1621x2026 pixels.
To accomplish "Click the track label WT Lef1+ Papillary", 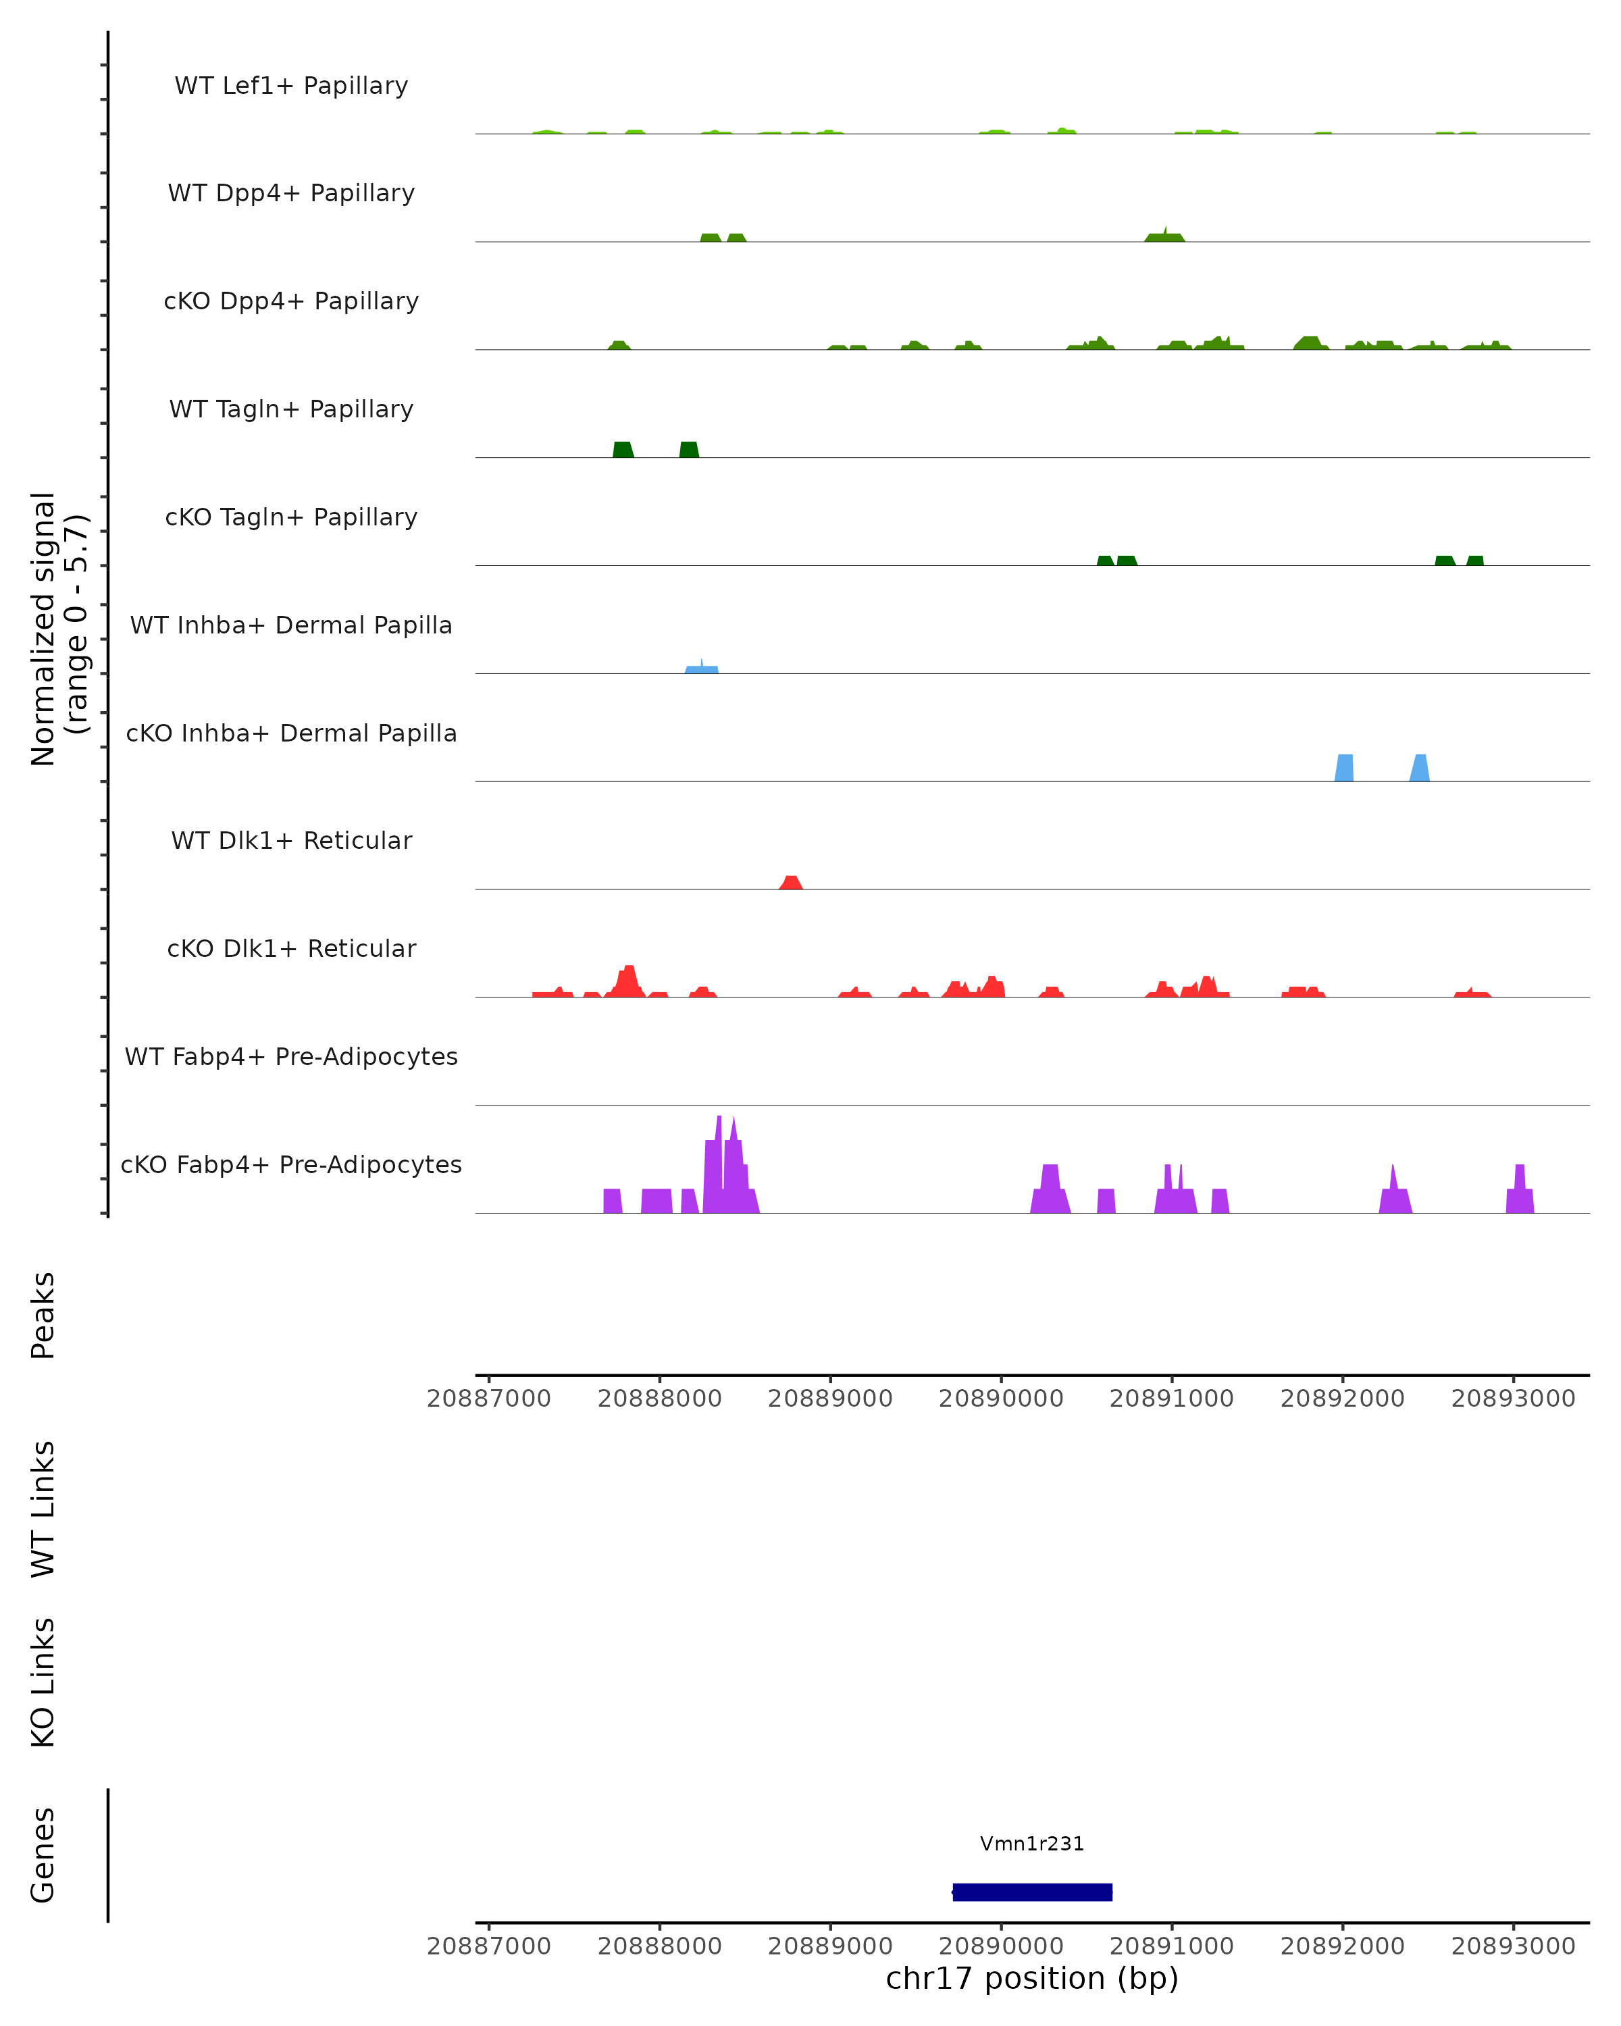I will click(291, 86).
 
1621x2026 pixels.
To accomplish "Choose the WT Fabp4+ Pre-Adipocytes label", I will click(291, 1056).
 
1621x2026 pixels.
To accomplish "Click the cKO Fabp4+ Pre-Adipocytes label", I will click(291, 1164).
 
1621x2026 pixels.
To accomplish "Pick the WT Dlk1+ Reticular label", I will click(291, 840).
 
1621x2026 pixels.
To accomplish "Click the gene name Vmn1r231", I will click(1032, 1844).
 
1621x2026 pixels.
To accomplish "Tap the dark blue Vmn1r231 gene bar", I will click(1032, 1892).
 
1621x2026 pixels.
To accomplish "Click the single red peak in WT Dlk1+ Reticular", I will click(791, 883).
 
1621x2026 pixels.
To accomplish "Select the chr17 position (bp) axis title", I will click(1032, 1978).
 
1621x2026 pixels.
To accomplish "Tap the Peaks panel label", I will click(43, 1315).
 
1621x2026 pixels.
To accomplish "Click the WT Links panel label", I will click(43, 1508).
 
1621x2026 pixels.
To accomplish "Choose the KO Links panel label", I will click(43, 1682).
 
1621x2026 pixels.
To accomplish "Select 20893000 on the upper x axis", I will click(1513, 1399).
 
